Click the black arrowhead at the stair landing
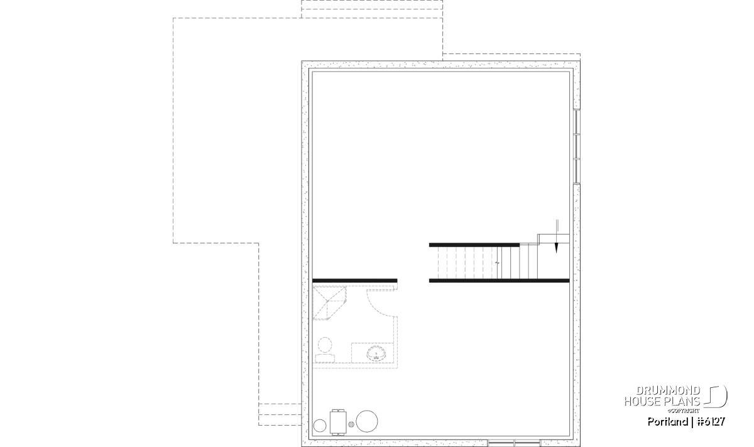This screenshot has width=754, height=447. [557, 248]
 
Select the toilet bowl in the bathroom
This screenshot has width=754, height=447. [325, 345]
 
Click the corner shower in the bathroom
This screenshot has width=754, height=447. [329, 303]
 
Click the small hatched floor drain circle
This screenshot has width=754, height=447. [351, 424]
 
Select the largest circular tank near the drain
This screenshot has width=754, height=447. [366, 421]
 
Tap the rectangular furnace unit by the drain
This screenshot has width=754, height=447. [338, 422]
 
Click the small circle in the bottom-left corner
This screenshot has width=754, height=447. [320, 426]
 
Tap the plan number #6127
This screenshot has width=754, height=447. [711, 422]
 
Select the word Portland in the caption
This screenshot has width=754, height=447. [668, 422]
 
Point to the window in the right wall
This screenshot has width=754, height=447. [577, 146]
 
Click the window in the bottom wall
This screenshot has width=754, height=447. [514, 443]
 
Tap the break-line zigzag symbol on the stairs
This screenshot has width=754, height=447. [497, 263]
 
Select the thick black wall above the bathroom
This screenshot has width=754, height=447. [355, 280]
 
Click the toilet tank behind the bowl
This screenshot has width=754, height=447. [325, 358]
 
